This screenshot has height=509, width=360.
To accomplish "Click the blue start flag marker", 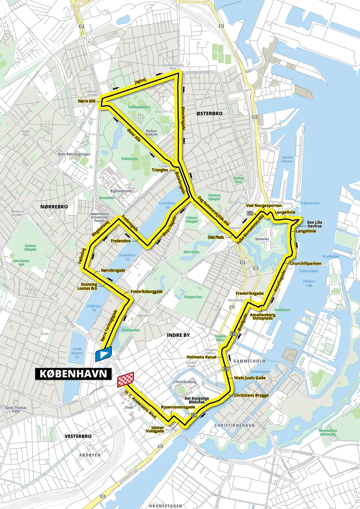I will point(103,354).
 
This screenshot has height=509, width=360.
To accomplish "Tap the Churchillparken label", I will point(306,263).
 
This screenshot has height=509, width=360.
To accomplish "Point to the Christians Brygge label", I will point(251,395).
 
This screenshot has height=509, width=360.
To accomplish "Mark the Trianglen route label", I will point(160,170).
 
